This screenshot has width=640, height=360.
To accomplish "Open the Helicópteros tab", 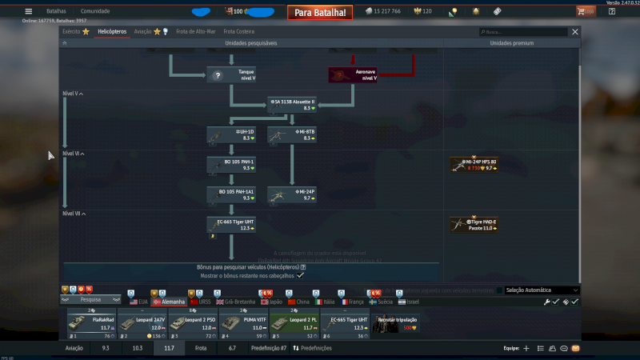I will click(111, 31).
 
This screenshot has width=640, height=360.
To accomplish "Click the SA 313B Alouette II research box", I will click(292, 105).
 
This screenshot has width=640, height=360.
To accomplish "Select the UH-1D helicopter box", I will click(231, 134).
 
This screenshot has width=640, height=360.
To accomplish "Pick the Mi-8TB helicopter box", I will click(292, 134).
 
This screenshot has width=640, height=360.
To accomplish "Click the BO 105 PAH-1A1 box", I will click(231, 194).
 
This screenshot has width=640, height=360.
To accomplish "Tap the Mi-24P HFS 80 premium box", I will click(474, 165).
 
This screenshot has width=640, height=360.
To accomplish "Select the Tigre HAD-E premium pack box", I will click(474, 225).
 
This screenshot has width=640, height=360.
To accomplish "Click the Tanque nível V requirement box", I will click(231, 75).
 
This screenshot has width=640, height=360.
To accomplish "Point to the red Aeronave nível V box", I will click(353, 75).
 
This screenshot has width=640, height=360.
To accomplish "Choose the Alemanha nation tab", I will click(169, 302).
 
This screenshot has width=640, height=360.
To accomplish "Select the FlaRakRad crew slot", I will click(91, 322).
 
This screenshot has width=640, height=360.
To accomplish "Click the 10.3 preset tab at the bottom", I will click(138, 349).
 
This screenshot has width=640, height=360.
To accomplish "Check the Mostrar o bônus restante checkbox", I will click(300, 274).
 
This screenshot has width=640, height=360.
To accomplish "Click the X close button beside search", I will click(574, 32).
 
